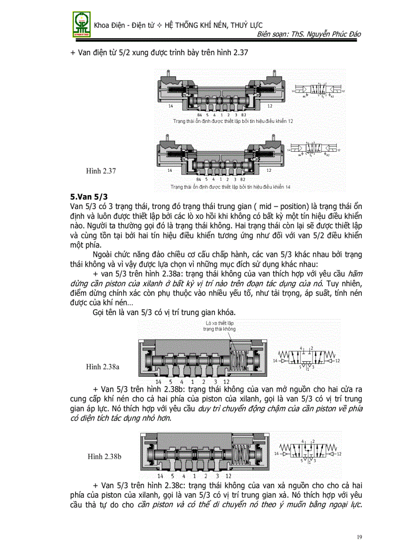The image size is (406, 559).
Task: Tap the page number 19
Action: [x=361, y=537]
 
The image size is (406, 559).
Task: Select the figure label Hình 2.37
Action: [x=101, y=171]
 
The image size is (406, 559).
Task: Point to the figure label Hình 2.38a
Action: [x=102, y=367]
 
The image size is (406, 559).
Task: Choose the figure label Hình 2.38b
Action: [x=104, y=456]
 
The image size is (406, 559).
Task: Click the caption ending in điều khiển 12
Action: [x=233, y=121]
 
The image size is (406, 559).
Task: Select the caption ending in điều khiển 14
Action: [x=230, y=187]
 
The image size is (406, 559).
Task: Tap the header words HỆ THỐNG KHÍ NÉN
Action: [x=192, y=25]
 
